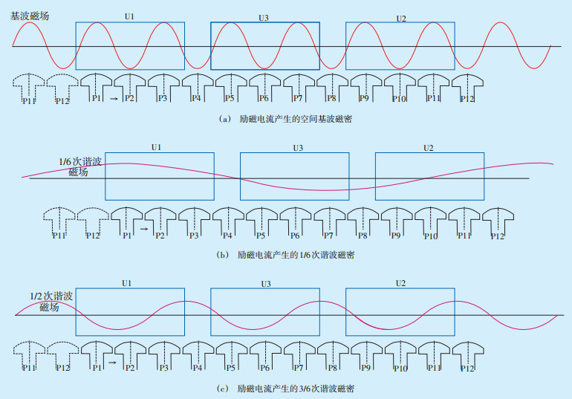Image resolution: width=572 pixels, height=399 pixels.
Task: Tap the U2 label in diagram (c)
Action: [400, 284]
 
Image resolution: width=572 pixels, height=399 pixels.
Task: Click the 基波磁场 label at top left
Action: [30, 16]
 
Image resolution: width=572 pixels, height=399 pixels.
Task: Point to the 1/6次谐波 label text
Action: [79, 161]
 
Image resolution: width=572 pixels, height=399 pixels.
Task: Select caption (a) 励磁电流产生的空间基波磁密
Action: [286, 119]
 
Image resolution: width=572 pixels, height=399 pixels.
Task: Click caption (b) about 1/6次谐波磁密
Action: [286, 254]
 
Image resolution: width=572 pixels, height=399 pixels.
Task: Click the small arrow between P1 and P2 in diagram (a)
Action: [113, 98]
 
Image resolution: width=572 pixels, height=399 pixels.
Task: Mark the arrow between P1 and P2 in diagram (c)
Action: [113, 363]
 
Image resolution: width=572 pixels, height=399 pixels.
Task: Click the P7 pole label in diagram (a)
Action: [297, 99]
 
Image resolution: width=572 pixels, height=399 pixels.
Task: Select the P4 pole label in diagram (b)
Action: [227, 236]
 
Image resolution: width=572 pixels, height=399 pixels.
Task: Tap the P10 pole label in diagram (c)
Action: [400, 369]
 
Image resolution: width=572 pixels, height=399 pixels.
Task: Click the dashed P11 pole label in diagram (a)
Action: [29, 101]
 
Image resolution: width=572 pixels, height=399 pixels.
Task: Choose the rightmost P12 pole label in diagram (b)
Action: [498, 236]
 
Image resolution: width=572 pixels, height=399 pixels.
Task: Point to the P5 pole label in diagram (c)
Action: [230, 368]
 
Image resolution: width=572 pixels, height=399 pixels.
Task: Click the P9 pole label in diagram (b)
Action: [396, 236]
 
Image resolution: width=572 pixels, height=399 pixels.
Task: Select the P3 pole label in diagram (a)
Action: [163, 99]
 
